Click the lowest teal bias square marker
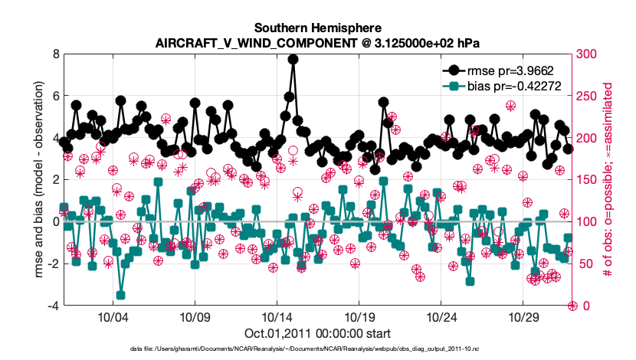point(120,295)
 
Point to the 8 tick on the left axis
point(55,54)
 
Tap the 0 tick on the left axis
point(55,221)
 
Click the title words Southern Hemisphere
point(318,28)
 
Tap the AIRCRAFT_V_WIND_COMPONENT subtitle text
point(317,42)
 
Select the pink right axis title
point(610,180)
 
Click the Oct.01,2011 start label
point(317,333)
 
